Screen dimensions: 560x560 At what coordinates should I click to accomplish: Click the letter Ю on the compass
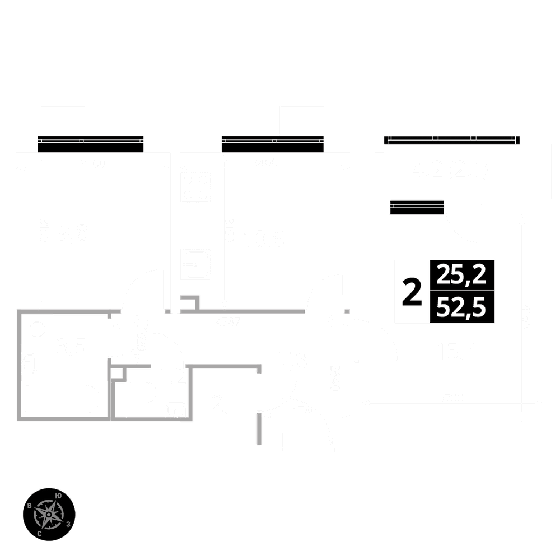coord(59,494)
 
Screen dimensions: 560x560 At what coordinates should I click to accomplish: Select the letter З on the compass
coord(68,524)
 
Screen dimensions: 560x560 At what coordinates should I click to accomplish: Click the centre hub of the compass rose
coord(49,514)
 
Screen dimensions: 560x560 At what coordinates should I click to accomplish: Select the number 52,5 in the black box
coord(462,307)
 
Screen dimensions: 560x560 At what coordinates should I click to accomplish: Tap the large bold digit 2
coord(412,293)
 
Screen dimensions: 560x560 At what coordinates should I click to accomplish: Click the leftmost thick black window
coord(91,144)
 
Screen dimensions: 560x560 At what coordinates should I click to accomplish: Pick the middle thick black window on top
coord(273,144)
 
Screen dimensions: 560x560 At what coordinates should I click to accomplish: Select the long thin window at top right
coord(451,139)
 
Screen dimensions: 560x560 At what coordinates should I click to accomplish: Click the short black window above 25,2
coord(417,207)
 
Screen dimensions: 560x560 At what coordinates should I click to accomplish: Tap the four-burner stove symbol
coord(195,187)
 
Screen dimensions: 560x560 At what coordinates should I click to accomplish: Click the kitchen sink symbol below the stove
coord(195,265)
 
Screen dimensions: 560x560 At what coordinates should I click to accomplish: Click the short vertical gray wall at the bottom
coord(259,429)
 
